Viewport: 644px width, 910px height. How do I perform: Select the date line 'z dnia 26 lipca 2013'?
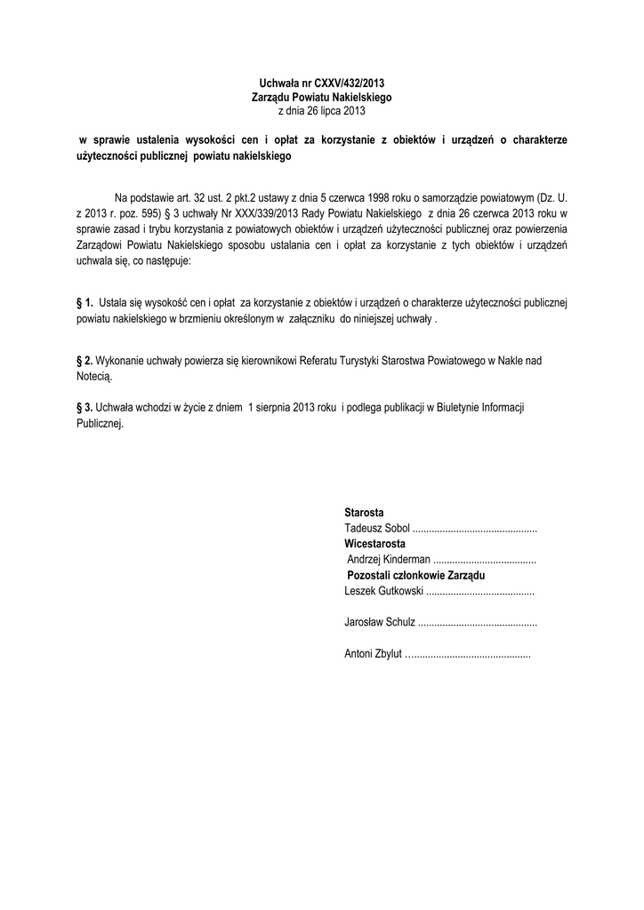321,111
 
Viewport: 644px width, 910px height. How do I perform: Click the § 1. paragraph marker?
85,303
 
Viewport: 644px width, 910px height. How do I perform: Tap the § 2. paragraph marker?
85,362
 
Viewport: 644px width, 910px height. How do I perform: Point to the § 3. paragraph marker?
85,406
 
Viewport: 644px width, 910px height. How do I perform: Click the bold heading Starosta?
364,513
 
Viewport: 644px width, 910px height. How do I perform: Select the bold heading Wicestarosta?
374,543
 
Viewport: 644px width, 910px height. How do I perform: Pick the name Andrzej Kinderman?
389,559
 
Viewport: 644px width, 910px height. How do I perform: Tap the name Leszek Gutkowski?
383,590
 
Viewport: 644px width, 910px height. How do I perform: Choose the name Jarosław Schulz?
379,622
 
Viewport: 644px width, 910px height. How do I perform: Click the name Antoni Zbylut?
374,654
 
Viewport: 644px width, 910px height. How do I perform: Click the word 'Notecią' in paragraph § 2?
94,377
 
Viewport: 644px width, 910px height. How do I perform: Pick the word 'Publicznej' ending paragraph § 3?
99,423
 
